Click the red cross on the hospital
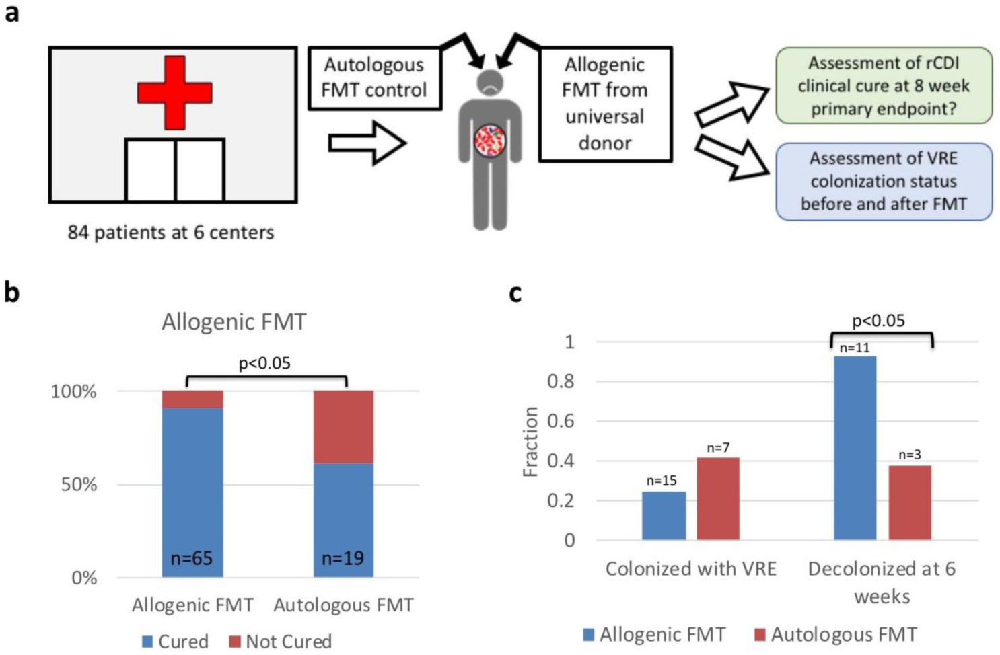[175, 92]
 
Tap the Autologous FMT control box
[374, 78]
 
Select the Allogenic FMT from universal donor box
[604, 104]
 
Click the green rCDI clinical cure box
[884, 85]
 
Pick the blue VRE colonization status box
[884, 182]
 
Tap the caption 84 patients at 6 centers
[171, 233]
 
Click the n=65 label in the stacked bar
[192, 558]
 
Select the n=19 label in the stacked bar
[343, 558]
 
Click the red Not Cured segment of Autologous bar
[343, 426]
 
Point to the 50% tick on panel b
[79, 484]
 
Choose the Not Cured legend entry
[281, 642]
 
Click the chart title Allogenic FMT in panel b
[234, 322]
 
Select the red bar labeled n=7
[717, 498]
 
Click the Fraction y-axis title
[531, 441]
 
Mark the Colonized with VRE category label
[690, 569]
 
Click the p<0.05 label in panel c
[878, 321]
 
